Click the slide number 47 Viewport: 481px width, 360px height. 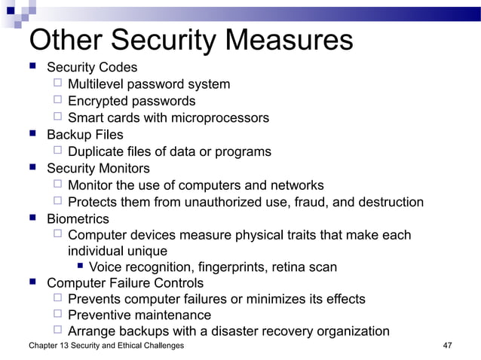[x=447, y=346]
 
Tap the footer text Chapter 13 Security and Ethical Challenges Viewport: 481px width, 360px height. [x=106, y=346]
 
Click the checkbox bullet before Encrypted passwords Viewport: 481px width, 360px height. [x=58, y=100]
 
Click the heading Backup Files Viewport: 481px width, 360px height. [x=85, y=135]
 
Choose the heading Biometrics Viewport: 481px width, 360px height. [x=78, y=218]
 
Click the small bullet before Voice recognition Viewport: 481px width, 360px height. [x=81, y=267]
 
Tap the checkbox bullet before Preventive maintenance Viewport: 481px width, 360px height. [x=58, y=315]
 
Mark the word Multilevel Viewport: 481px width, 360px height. [x=97, y=84]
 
